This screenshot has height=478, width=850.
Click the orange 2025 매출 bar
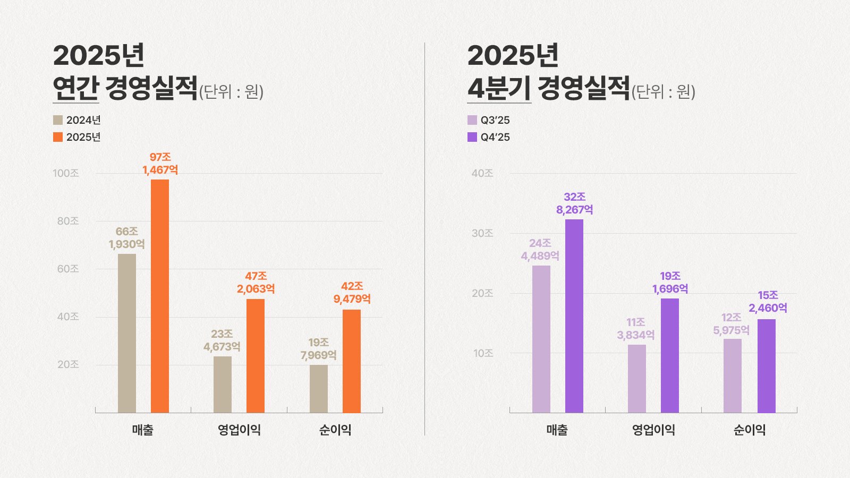point(160,296)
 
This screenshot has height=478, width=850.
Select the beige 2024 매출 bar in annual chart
point(127,333)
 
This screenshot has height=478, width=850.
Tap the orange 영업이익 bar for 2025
point(256,356)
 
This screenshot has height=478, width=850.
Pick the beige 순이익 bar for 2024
point(319,388)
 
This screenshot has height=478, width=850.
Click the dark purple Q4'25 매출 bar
point(574,316)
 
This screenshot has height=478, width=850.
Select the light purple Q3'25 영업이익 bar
point(637,378)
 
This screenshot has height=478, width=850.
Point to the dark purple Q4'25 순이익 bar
point(767,365)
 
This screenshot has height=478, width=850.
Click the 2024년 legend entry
point(77,120)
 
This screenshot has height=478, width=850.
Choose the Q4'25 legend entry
point(489,137)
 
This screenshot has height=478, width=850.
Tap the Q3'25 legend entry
point(489,120)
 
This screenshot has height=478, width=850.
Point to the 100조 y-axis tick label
point(66,173)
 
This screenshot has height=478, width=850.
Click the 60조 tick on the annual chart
point(68,269)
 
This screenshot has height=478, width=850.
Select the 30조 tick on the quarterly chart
point(482,233)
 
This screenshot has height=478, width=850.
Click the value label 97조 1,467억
point(160,164)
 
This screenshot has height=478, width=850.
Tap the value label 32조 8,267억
point(574,203)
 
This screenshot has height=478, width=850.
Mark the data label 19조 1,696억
point(670,283)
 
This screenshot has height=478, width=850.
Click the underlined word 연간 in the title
point(75,88)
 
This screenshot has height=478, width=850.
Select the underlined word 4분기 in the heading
point(499,88)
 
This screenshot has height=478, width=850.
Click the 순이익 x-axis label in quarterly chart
point(749,430)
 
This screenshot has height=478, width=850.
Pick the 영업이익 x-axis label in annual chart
point(239,430)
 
